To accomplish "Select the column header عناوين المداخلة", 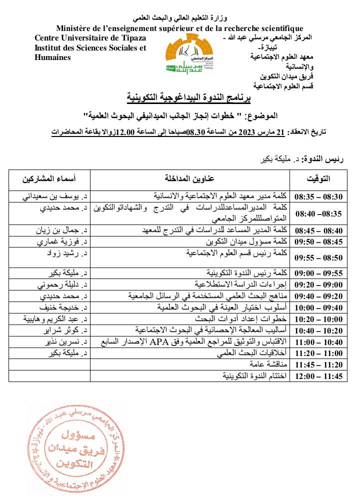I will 190,178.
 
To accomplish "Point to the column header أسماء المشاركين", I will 49,178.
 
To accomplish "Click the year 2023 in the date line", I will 245,132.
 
